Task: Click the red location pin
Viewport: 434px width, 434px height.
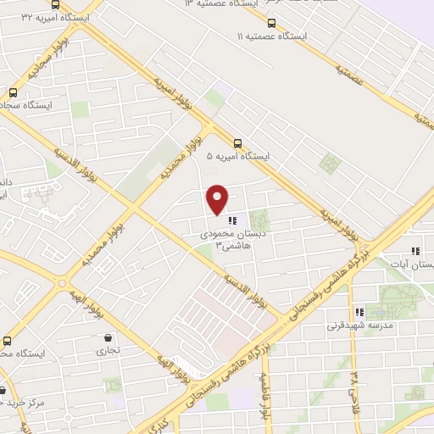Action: [218, 199]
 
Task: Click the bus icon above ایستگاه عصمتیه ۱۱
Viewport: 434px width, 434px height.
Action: [271, 23]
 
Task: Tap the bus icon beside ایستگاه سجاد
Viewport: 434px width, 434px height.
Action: [13, 92]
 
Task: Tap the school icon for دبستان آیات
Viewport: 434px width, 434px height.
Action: [415, 251]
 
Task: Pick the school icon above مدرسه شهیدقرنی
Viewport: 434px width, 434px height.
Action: [359, 312]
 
